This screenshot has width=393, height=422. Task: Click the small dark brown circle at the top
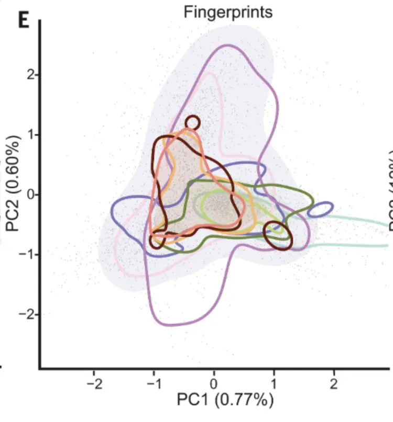[x=192, y=123]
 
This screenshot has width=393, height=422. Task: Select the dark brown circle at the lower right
[x=277, y=236]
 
